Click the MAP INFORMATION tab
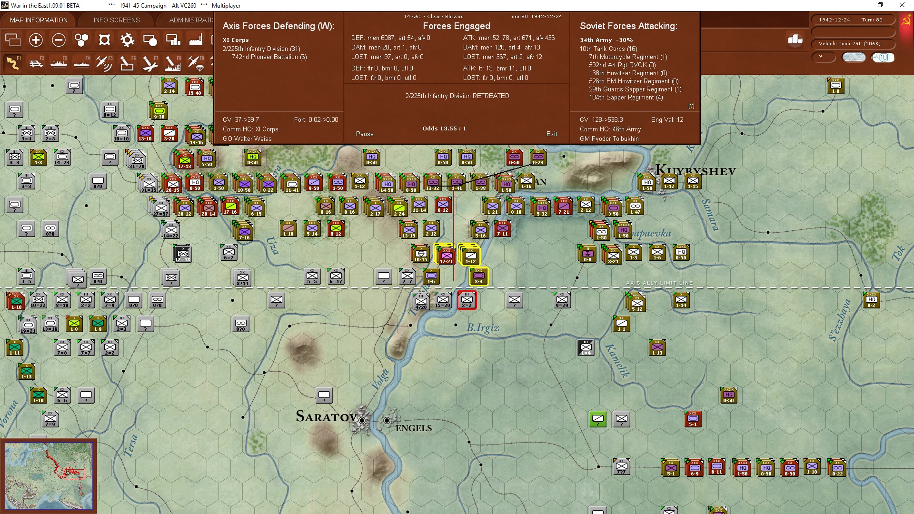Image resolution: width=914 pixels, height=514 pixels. coord(39,20)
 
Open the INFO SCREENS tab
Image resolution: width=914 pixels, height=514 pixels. coord(117,20)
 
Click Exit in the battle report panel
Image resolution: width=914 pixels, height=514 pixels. coord(551,134)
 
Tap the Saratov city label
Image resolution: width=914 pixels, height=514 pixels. coord(326,417)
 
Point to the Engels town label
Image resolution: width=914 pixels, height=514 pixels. coord(414,428)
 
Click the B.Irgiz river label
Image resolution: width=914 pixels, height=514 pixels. coord(483,327)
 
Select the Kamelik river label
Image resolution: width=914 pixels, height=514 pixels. coord(617,360)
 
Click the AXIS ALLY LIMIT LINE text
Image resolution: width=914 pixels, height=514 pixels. coord(659,283)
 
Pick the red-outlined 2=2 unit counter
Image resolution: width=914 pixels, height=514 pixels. coord(467,300)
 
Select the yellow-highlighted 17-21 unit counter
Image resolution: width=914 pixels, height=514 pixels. coord(446,255)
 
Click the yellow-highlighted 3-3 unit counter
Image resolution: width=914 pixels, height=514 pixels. coord(478,277)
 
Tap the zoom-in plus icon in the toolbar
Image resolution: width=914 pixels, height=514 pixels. coord(36,40)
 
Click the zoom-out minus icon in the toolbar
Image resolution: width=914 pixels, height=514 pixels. coord(59,40)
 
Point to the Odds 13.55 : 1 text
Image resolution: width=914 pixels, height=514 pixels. coord(444,128)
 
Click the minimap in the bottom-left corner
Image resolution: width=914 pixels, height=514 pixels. coord(49,475)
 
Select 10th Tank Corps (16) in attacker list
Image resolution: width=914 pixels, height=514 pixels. coord(608,49)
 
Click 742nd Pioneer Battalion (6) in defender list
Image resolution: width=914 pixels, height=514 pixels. coord(269,57)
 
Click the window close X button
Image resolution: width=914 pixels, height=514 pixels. coord(902,5)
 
